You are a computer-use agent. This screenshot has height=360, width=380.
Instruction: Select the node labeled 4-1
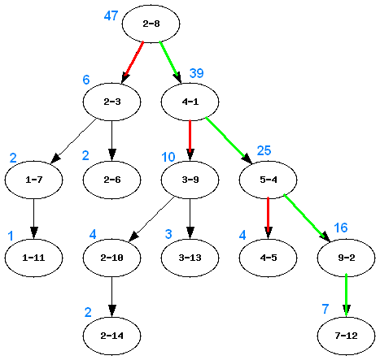click(190, 102)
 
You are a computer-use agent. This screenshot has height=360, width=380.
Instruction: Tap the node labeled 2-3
click(111, 102)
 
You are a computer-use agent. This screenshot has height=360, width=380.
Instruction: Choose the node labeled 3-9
click(190, 180)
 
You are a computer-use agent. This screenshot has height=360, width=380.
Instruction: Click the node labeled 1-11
click(33, 258)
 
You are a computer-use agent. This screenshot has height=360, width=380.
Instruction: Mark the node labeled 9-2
click(347, 258)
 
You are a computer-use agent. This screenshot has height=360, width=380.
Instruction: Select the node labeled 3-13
click(190, 258)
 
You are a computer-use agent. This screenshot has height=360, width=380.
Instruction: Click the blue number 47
click(112, 15)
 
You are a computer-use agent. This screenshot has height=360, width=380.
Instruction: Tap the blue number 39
click(196, 73)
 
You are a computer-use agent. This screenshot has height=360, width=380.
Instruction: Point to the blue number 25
click(264, 150)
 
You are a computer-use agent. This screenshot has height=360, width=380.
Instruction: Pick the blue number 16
click(341, 228)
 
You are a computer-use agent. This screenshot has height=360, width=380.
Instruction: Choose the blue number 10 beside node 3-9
click(168, 156)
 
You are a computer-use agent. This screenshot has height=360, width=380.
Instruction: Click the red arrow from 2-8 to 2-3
click(133, 62)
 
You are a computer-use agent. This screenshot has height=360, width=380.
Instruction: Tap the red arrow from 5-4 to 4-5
click(268, 219)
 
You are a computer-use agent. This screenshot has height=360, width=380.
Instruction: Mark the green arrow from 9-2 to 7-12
click(347, 296)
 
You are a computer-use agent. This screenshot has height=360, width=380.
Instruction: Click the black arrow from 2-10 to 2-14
click(111, 296)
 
